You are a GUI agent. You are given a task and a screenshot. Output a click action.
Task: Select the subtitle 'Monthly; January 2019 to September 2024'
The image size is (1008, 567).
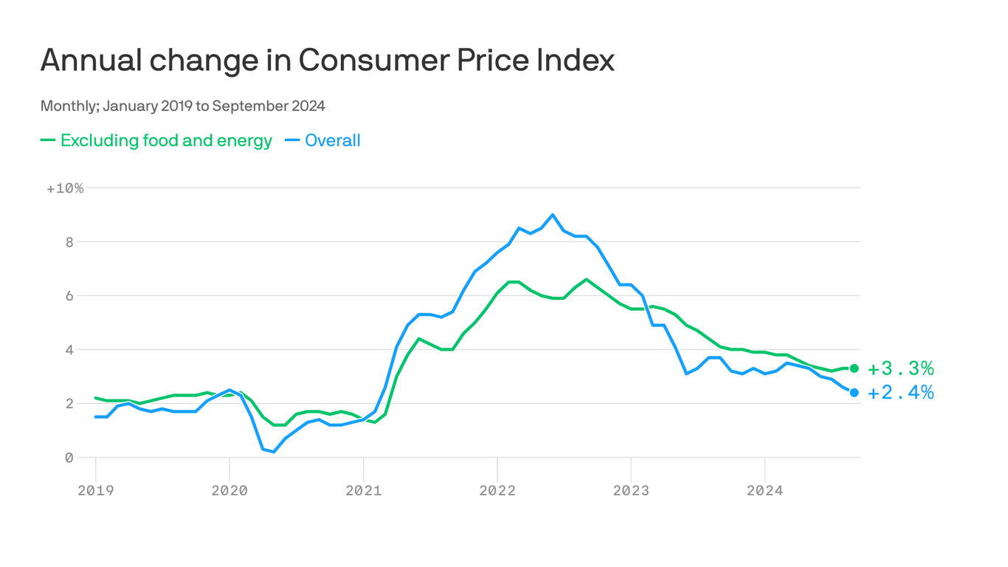coord(182,106)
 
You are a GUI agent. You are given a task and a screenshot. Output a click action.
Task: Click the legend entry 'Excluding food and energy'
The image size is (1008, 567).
coord(166,140)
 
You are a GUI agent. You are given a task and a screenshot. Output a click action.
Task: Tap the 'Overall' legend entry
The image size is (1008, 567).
coord(332,140)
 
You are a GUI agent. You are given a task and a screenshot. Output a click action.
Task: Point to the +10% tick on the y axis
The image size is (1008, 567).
coord(65,188)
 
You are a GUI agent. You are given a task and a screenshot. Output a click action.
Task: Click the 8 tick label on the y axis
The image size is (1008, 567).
coord(69,242)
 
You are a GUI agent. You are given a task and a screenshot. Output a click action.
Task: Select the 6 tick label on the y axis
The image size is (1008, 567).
coord(69,296)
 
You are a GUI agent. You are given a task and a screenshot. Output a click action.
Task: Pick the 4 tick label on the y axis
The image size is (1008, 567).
coord(69,350)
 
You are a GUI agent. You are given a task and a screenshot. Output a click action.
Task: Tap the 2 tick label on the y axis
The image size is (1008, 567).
coord(69,404)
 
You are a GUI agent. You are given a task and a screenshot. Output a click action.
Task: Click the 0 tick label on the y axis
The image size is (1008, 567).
coord(69,458)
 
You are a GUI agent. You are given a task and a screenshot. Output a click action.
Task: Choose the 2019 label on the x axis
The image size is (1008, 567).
coord(95,490)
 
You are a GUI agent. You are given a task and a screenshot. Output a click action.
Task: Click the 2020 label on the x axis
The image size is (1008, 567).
coord(229,490)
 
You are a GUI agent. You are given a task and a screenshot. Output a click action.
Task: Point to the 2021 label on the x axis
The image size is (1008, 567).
coord(363,490)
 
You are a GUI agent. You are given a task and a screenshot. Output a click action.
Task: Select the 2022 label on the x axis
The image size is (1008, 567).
coord(497,490)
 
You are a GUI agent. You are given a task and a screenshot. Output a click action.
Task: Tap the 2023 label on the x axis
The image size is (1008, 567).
coord(631,490)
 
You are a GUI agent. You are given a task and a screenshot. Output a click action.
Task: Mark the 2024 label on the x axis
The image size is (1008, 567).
coord(765,490)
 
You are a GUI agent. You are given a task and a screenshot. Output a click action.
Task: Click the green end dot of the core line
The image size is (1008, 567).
coord(855,368)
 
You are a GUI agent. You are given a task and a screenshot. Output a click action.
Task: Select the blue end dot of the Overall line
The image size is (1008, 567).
coord(855,393)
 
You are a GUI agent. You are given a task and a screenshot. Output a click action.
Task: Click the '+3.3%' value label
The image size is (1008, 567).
coord(900,368)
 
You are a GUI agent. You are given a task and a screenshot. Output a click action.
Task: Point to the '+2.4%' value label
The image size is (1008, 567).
coord(900,393)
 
